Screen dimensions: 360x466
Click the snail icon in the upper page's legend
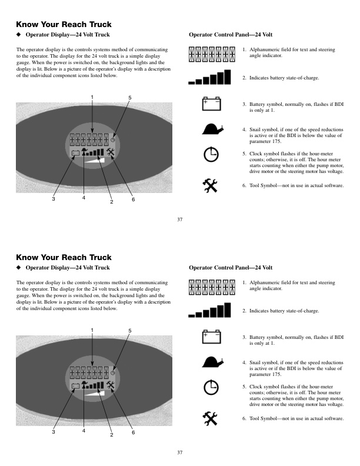[212, 129]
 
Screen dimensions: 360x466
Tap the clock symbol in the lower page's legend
[211, 387]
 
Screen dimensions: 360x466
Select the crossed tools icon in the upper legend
[210, 186]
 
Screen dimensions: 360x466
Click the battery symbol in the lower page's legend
[212, 337]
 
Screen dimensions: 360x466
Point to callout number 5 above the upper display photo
[130, 98]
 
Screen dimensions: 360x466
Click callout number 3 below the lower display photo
[54, 432]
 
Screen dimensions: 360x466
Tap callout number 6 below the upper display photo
[133, 199]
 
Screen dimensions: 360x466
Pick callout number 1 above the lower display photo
[92, 330]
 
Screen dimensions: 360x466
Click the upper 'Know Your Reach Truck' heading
[64, 24]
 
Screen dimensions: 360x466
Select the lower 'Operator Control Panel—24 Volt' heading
[231, 268]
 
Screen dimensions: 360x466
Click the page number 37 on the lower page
[179, 452]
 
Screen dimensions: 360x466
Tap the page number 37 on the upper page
[179, 219]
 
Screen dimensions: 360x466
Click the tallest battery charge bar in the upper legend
[227, 77]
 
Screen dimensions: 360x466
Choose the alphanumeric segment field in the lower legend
[212, 287]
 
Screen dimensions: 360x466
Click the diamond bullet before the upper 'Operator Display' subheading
[19, 35]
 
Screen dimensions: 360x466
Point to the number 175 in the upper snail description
[277, 141]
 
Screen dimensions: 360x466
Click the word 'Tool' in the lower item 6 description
[254, 418]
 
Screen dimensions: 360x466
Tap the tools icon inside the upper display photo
[110, 152]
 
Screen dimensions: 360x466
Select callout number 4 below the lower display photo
[84, 431]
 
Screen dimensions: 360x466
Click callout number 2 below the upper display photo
[112, 202]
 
